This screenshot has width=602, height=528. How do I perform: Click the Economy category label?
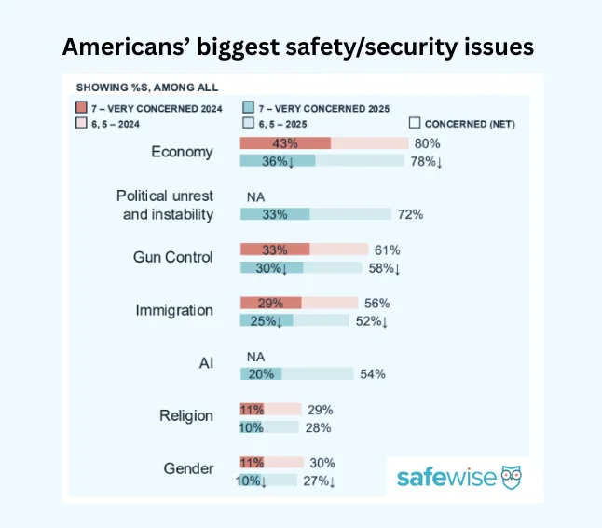click(x=182, y=152)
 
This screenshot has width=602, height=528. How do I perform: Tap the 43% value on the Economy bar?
click(x=285, y=143)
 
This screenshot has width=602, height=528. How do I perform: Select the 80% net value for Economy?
click(x=428, y=143)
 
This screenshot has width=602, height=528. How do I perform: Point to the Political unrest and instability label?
click(x=165, y=205)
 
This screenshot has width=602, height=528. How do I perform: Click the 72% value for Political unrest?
click(x=410, y=214)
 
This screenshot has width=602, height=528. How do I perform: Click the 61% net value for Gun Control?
click(x=388, y=250)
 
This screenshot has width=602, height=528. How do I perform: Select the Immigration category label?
click(x=174, y=311)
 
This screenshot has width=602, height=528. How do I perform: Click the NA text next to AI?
click(x=255, y=356)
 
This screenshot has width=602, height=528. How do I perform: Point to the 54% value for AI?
click(x=372, y=373)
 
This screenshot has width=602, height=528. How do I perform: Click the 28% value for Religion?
click(x=318, y=427)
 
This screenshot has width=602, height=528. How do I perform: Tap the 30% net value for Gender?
click(x=322, y=463)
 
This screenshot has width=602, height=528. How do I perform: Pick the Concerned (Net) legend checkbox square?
click(x=415, y=123)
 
